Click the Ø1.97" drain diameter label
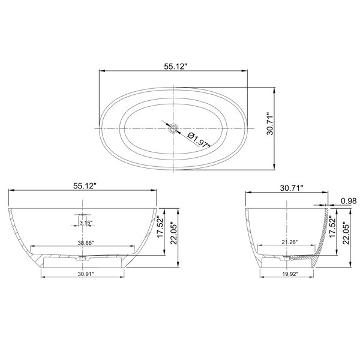point(199,140)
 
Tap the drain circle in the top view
point(173,128)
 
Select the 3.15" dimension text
point(86,223)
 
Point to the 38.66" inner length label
point(86,242)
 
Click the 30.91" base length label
point(86,274)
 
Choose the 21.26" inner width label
point(289,242)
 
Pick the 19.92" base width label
point(290,274)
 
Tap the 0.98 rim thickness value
point(349,201)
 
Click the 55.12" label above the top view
point(176,67)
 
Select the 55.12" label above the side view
point(85,186)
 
